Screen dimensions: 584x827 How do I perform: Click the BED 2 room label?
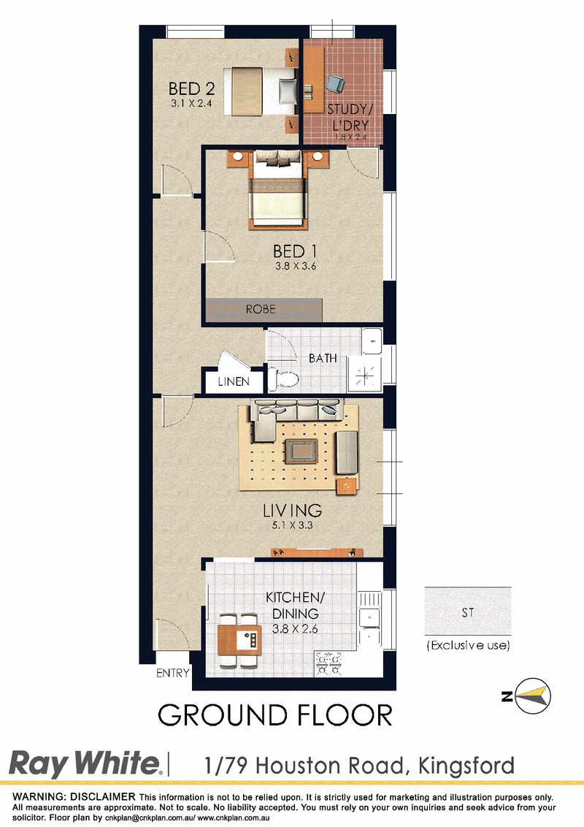pyautogui.click(x=191, y=88)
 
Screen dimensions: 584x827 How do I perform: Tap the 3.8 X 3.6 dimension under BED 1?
pyautogui.click(x=296, y=267)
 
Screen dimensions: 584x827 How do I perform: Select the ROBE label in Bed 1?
pyautogui.click(x=261, y=309)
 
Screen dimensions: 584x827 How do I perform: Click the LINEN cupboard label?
pyautogui.click(x=234, y=381)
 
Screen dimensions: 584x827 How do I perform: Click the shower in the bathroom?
pyautogui.click(x=365, y=375)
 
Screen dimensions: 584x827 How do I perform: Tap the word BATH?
pyautogui.click(x=323, y=359)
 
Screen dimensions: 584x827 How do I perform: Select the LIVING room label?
pyautogui.click(x=293, y=510)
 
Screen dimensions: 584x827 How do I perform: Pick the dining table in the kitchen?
pyautogui.click(x=239, y=640)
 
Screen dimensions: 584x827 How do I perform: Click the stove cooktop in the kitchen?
pyautogui.click(x=328, y=664)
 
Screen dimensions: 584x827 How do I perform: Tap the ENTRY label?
pyautogui.click(x=172, y=673)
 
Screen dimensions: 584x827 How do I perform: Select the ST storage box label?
pyautogui.click(x=467, y=612)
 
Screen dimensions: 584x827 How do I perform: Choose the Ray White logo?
pyautogui.click(x=85, y=764)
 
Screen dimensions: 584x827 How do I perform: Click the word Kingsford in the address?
pyautogui.click(x=466, y=766)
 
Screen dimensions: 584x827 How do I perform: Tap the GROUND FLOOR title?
pyautogui.click(x=275, y=716)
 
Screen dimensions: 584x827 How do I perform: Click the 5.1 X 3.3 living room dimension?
pyautogui.click(x=293, y=525)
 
